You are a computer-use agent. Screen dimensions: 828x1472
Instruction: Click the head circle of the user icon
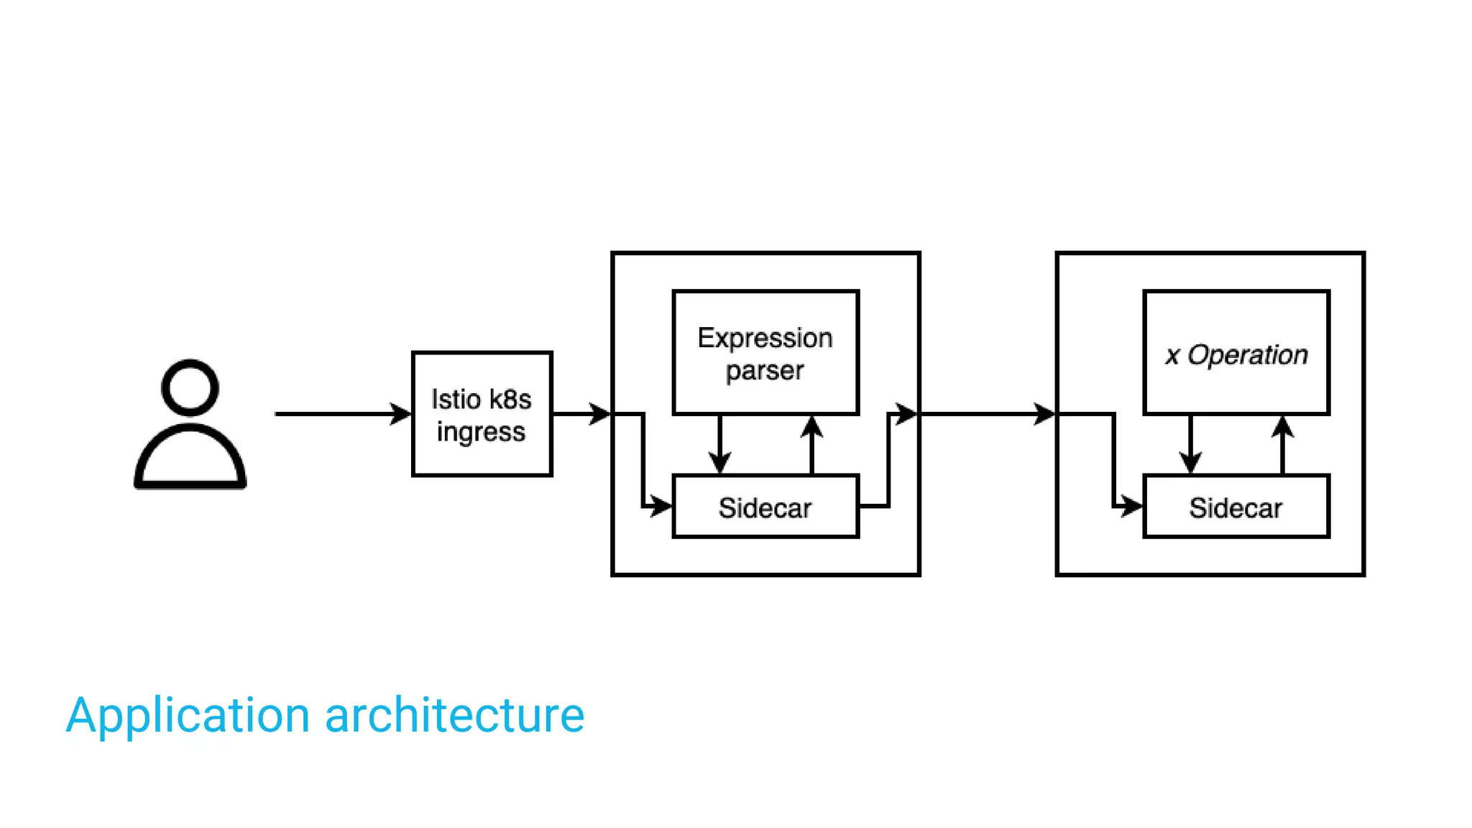click(x=190, y=388)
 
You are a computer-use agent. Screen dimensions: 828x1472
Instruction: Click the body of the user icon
click(x=190, y=460)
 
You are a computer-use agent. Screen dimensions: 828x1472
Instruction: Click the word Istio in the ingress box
click(x=456, y=400)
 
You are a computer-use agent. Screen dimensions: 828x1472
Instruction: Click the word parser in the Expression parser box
click(x=765, y=371)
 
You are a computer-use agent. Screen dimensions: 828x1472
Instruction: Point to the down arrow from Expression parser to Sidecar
click(x=719, y=446)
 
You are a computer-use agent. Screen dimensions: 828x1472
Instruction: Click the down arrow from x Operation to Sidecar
click(x=1190, y=446)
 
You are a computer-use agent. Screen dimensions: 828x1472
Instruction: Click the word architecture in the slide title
click(x=454, y=716)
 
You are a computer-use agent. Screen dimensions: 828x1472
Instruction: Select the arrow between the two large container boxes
click(x=988, y=414)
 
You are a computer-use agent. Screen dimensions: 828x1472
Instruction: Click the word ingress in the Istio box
click(x=481, y=432)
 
